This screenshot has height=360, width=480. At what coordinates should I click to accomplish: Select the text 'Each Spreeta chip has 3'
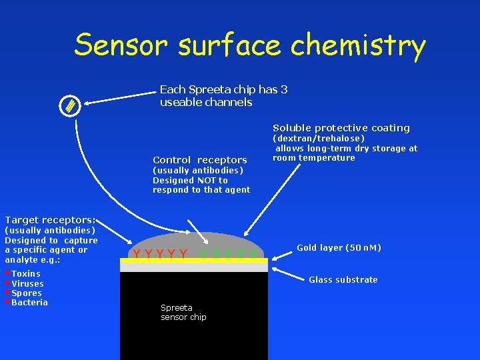click(x=223, y=89)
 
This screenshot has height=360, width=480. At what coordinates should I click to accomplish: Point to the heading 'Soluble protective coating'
click(x=341, y=128)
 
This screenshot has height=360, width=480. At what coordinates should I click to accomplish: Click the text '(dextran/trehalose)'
click(x=319, y=139)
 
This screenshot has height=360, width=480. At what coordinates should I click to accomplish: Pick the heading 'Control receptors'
click(x=200, y=160)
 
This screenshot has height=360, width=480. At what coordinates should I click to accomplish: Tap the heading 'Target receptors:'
click(x=50, y=220)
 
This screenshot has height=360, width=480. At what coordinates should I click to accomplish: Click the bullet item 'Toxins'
click(x=26, y=274)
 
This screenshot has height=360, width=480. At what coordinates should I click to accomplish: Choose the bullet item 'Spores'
click(x=27, y=293)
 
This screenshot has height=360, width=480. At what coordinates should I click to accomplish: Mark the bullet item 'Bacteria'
click(x=30, y=303)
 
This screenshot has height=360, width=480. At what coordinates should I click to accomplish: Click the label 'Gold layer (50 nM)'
click(x=339, y=248)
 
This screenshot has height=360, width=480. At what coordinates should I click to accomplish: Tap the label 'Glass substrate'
click(x=343, y=280)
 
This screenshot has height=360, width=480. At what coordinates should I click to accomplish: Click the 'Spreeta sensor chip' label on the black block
click(x=183, y=313)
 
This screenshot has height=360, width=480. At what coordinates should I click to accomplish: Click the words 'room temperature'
click(x=313, y=158)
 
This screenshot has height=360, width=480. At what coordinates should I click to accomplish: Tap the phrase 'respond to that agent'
click(x=201, y=190)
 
